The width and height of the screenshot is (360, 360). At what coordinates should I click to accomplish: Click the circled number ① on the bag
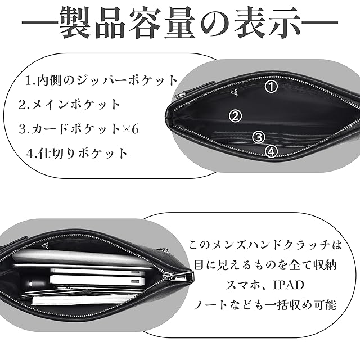click(x=272, y=87)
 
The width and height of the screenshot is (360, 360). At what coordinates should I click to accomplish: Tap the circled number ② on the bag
click(x=236, y=116)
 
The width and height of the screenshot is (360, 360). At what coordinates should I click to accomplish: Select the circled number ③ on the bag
click(x=258, y=137)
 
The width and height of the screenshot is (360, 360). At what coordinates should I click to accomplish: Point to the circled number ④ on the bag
click(x=272, y=151)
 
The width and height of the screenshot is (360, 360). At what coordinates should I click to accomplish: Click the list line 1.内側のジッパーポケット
click(x=102, y=80)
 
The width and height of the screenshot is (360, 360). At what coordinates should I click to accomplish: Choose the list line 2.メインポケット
click(x=70, y=104)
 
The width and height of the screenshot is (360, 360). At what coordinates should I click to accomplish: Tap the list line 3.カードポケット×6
click(x=79, y=128)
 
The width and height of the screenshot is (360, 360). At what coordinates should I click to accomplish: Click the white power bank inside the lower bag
click(x=96, y=280)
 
